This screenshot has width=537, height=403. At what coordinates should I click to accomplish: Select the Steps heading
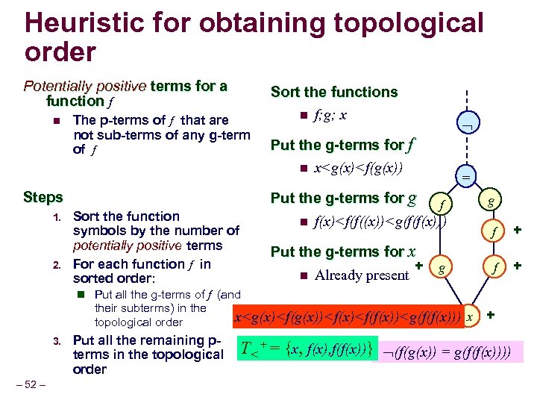43,198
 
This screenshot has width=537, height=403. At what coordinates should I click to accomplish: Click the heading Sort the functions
334,92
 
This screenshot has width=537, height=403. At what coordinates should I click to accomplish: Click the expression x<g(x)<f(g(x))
359,169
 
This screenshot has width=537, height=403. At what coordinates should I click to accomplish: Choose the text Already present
362,275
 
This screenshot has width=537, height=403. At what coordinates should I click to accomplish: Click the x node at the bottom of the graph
469,316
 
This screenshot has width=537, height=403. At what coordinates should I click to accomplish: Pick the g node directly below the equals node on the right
490,202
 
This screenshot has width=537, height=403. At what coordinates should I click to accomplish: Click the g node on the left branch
442,266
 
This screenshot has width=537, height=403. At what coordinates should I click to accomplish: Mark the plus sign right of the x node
490,315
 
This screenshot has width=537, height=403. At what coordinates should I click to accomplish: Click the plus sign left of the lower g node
419,264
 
